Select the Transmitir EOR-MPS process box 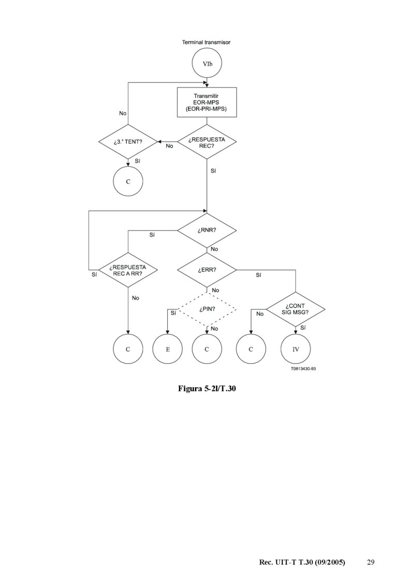coord(206,102)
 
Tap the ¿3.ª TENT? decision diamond coord(128,141)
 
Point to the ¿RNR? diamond coord(206,230)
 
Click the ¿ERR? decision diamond coord(206,270)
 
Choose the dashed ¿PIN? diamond coord(206,310)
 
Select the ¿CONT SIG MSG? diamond coord(295,310)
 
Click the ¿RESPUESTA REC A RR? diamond coord(128,270)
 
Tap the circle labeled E coord(168,349)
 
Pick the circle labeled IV coord(295,349)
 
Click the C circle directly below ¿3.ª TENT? coord(128,182)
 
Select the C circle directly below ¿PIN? coord(206,349)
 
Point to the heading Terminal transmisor coord(206,42)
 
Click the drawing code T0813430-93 coord(303,370)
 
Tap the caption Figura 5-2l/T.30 coord(206,388)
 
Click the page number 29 coord(371,562)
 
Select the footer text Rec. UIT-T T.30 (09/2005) coord(302,562)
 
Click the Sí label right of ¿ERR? coord(258,275)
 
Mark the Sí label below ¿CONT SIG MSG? coord(303,328)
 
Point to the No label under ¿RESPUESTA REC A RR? coord(136,298)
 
